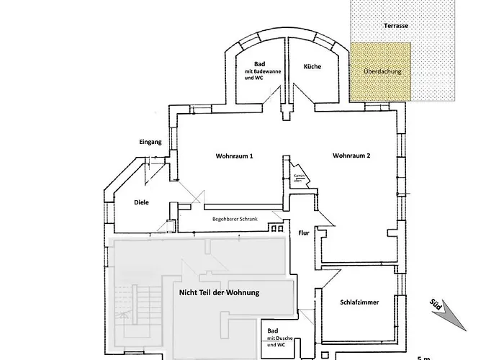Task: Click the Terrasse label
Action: click(396, 26)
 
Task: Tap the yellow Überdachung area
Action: click(380, 72)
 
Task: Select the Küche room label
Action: click(312, 67)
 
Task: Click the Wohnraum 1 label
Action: click(234, 156)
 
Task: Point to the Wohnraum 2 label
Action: click(351, 156)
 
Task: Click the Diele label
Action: click(141, 202)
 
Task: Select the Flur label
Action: click(303, 233)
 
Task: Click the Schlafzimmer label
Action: click(359, 302)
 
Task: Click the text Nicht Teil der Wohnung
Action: click(219, 292)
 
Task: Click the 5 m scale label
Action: click(423, 356)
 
